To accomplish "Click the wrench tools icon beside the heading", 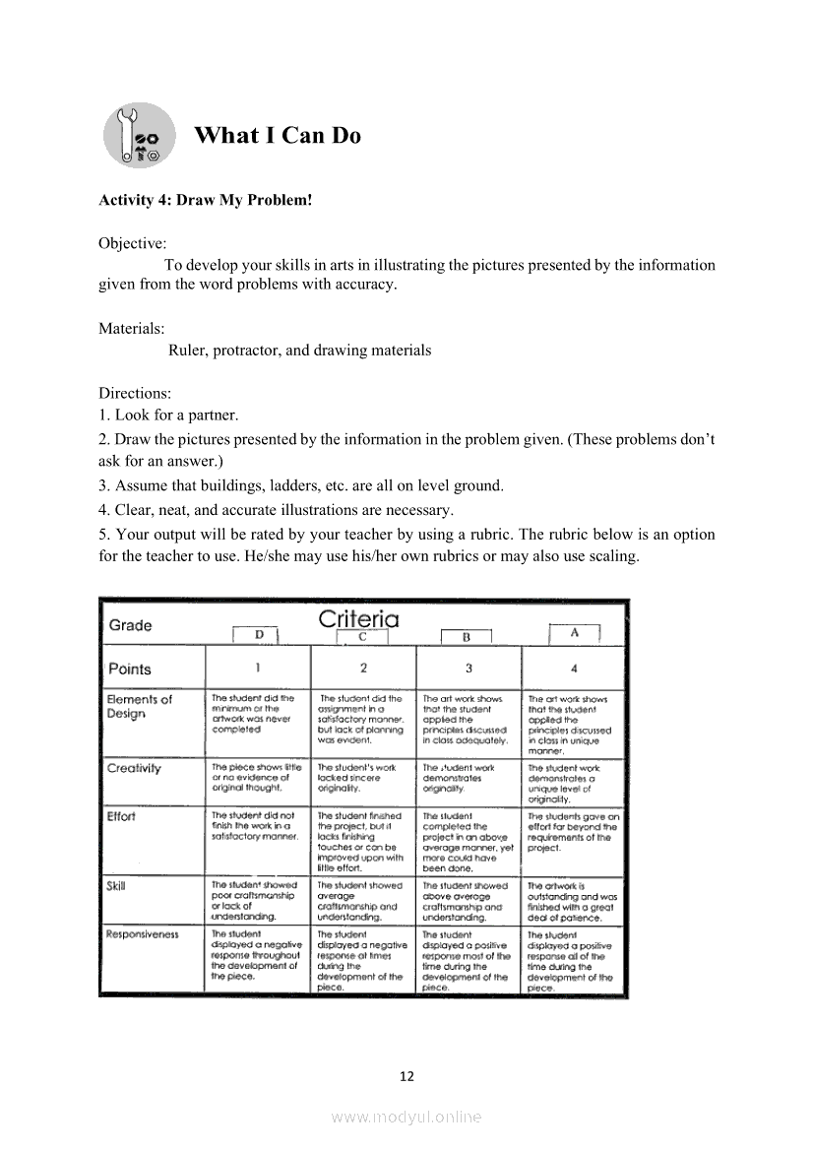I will pyautogui.click(x=139, y=135).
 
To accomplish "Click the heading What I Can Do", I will pyautogui.click(x=278, y=136).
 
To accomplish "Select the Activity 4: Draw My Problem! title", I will pyautogui.click(x=205, y=200).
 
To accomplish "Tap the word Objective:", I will pyautogui.click(x=132, y=243).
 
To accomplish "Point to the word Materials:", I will pyautogui.click(x=132, y=328).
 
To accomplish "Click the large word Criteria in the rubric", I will pyautogui.click(x=358, y=619).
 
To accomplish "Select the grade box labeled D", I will pyautogui.click(x=258, y=635).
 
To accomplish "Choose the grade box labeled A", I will pyautogui.click(x=574, y=633).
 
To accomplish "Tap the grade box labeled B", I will pyautogui.click(x=467, y=636).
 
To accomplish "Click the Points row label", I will pyautogui.click(x=130, y=669).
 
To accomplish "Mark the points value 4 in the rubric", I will pyautogui.click(x=574, y=669).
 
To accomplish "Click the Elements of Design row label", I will pyautogui.click(x=139, y=706).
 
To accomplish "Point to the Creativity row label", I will pyautogui.click(x=134, y=768).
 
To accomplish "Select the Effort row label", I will pyautogui.click(x=121, y=816).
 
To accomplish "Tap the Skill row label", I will pyautogui.click(x=116, y=885).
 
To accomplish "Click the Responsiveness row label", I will pyautogui.click(x=143, y=933).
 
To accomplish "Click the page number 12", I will pyautogui.click(x=406, y=1076).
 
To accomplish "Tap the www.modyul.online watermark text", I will pyautogui.click(x=406, y=1117).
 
